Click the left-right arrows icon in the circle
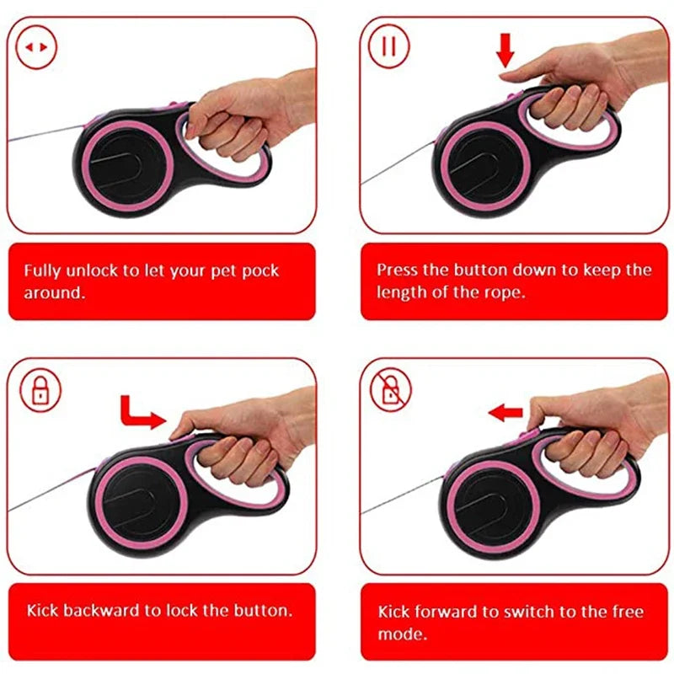(x=37, y=48)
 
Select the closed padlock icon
(x=40, y=389)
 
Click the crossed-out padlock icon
(x=390, y=389)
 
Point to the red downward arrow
(x=505, y=51)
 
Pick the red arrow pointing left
(x=505, y=412)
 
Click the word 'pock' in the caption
(x=260, y=271)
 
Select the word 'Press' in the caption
(x=397, y=270)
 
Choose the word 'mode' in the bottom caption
(x=398, y=633)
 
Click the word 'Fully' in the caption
(x=42, y=271)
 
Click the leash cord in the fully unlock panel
(x=42, y=135)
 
